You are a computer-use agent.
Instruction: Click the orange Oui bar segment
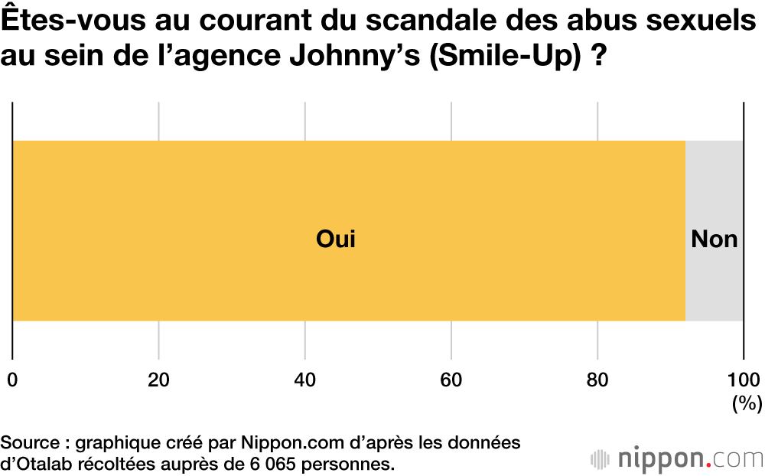point(229,191)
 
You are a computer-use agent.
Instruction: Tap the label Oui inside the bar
point(336,240)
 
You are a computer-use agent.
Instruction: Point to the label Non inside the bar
point(714,240)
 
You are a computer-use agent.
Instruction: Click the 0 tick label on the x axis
point(12,380)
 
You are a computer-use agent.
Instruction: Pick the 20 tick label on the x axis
point(158,380)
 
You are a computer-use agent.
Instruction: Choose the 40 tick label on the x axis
point(305,380)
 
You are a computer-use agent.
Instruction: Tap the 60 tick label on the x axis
point(451,380)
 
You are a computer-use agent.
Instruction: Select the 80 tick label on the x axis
point(598,380)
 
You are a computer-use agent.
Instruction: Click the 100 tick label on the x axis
point(743,380)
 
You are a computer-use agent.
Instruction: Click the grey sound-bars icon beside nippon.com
point(600,459)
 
